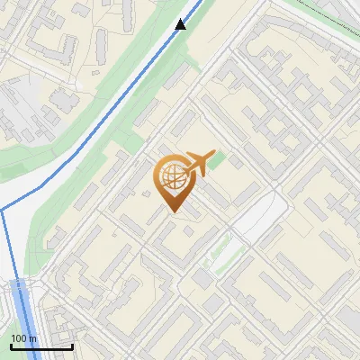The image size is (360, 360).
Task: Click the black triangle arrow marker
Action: coord(181,24)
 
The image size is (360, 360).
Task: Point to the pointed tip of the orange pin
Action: coord(172,212)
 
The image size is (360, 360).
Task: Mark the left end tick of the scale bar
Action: coord(10,346)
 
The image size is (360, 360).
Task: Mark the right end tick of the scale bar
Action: coord(73,346)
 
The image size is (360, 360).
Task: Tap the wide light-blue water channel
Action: coord(24,315)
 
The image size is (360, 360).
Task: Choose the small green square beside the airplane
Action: coord(217,163)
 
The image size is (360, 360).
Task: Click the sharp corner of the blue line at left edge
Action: coord(3,210)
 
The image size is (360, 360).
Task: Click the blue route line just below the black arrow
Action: coord(171,45)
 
